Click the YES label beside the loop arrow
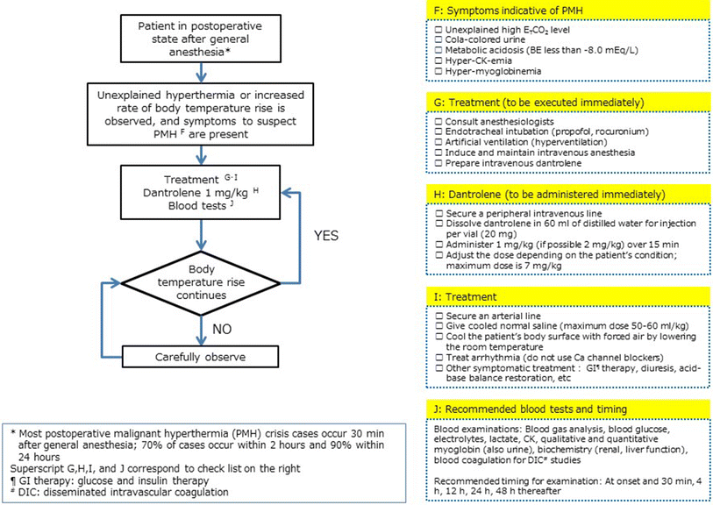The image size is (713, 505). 328,235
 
